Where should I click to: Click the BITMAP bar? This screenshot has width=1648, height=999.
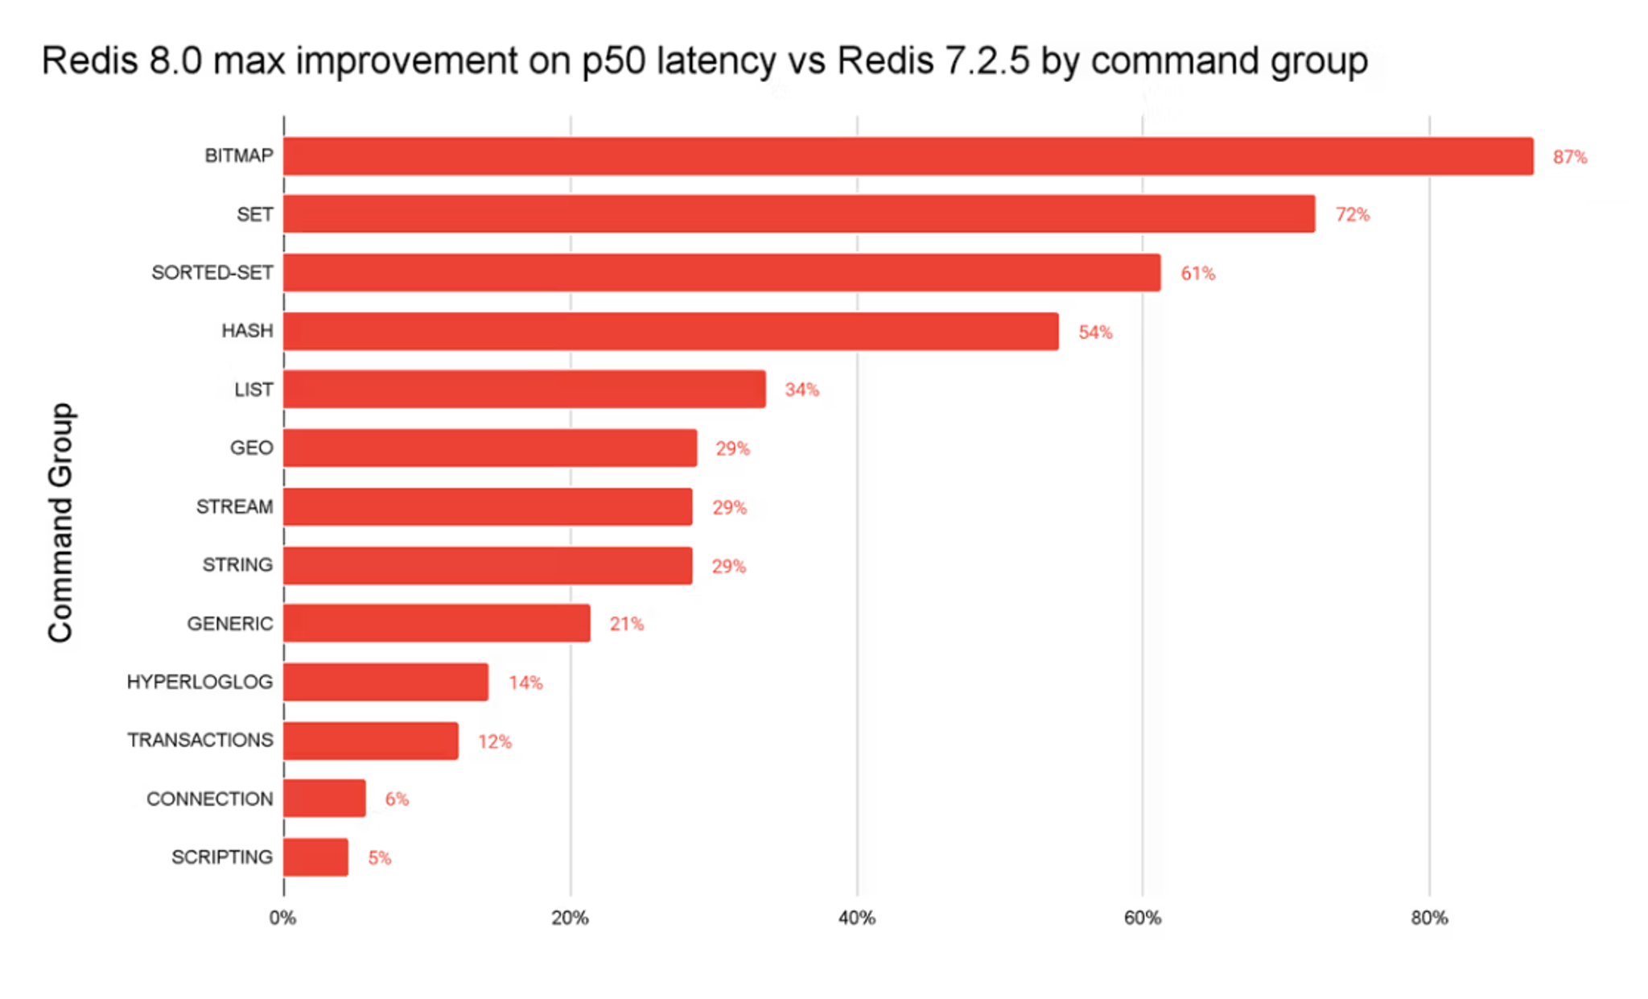tap(908, 156)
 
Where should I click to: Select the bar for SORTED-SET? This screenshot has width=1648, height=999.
tap(722, 273)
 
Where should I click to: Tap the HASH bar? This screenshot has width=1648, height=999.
tap(670, 332)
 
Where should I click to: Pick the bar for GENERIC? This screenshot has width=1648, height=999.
tap(437, 624)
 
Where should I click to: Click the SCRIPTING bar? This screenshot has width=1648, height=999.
tap(315, 857)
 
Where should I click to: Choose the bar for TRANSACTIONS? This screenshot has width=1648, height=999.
tap(371, 741)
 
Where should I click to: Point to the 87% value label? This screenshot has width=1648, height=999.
tap(1569, 157)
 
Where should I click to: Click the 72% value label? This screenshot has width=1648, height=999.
tap(1352, 215)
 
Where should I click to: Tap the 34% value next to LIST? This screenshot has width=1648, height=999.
tap(801, 390)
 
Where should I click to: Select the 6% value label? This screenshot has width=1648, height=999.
tap(397, 799)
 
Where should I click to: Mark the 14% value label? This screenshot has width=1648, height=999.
tap(525, 683)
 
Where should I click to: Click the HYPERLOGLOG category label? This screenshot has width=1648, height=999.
tap(200, 683)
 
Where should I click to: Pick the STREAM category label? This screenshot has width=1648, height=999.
tap(234, 507)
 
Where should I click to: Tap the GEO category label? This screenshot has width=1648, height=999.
tap(251, 448)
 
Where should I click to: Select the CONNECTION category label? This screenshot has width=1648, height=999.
tap(209, 799)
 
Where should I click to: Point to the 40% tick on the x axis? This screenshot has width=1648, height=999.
tap(856, 918)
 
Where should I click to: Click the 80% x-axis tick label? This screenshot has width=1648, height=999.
tap(1429, 918)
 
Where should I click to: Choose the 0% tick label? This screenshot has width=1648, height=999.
tap(282, 918)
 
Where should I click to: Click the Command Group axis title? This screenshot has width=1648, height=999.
tap(61, 522)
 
